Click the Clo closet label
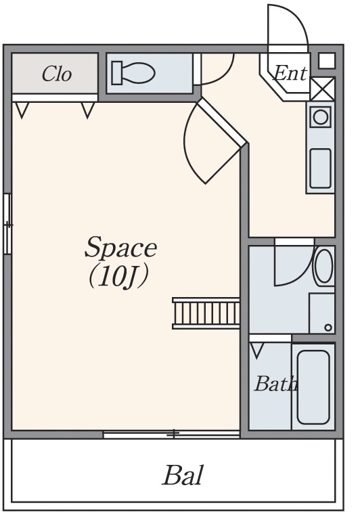pos(57,74)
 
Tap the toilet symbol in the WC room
pos(133,73)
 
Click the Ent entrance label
pos(290,73)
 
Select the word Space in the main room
pos(120,247)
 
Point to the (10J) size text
pos(118,277)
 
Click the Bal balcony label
pos(182,475)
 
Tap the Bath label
pos(275,384)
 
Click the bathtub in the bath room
pos(313,387)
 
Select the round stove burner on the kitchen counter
pos(320,117)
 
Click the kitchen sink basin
pos(320,168)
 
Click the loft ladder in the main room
pos(206,313)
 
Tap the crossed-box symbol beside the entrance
pos(323,89)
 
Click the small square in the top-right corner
pos(327,61)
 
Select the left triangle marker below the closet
pos(22,110)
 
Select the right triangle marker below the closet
pos(88,110)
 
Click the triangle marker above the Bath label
pos(256,351)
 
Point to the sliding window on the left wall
pos(7,224)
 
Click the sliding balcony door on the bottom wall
pos(171,434)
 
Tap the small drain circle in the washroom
pos(328,328)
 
